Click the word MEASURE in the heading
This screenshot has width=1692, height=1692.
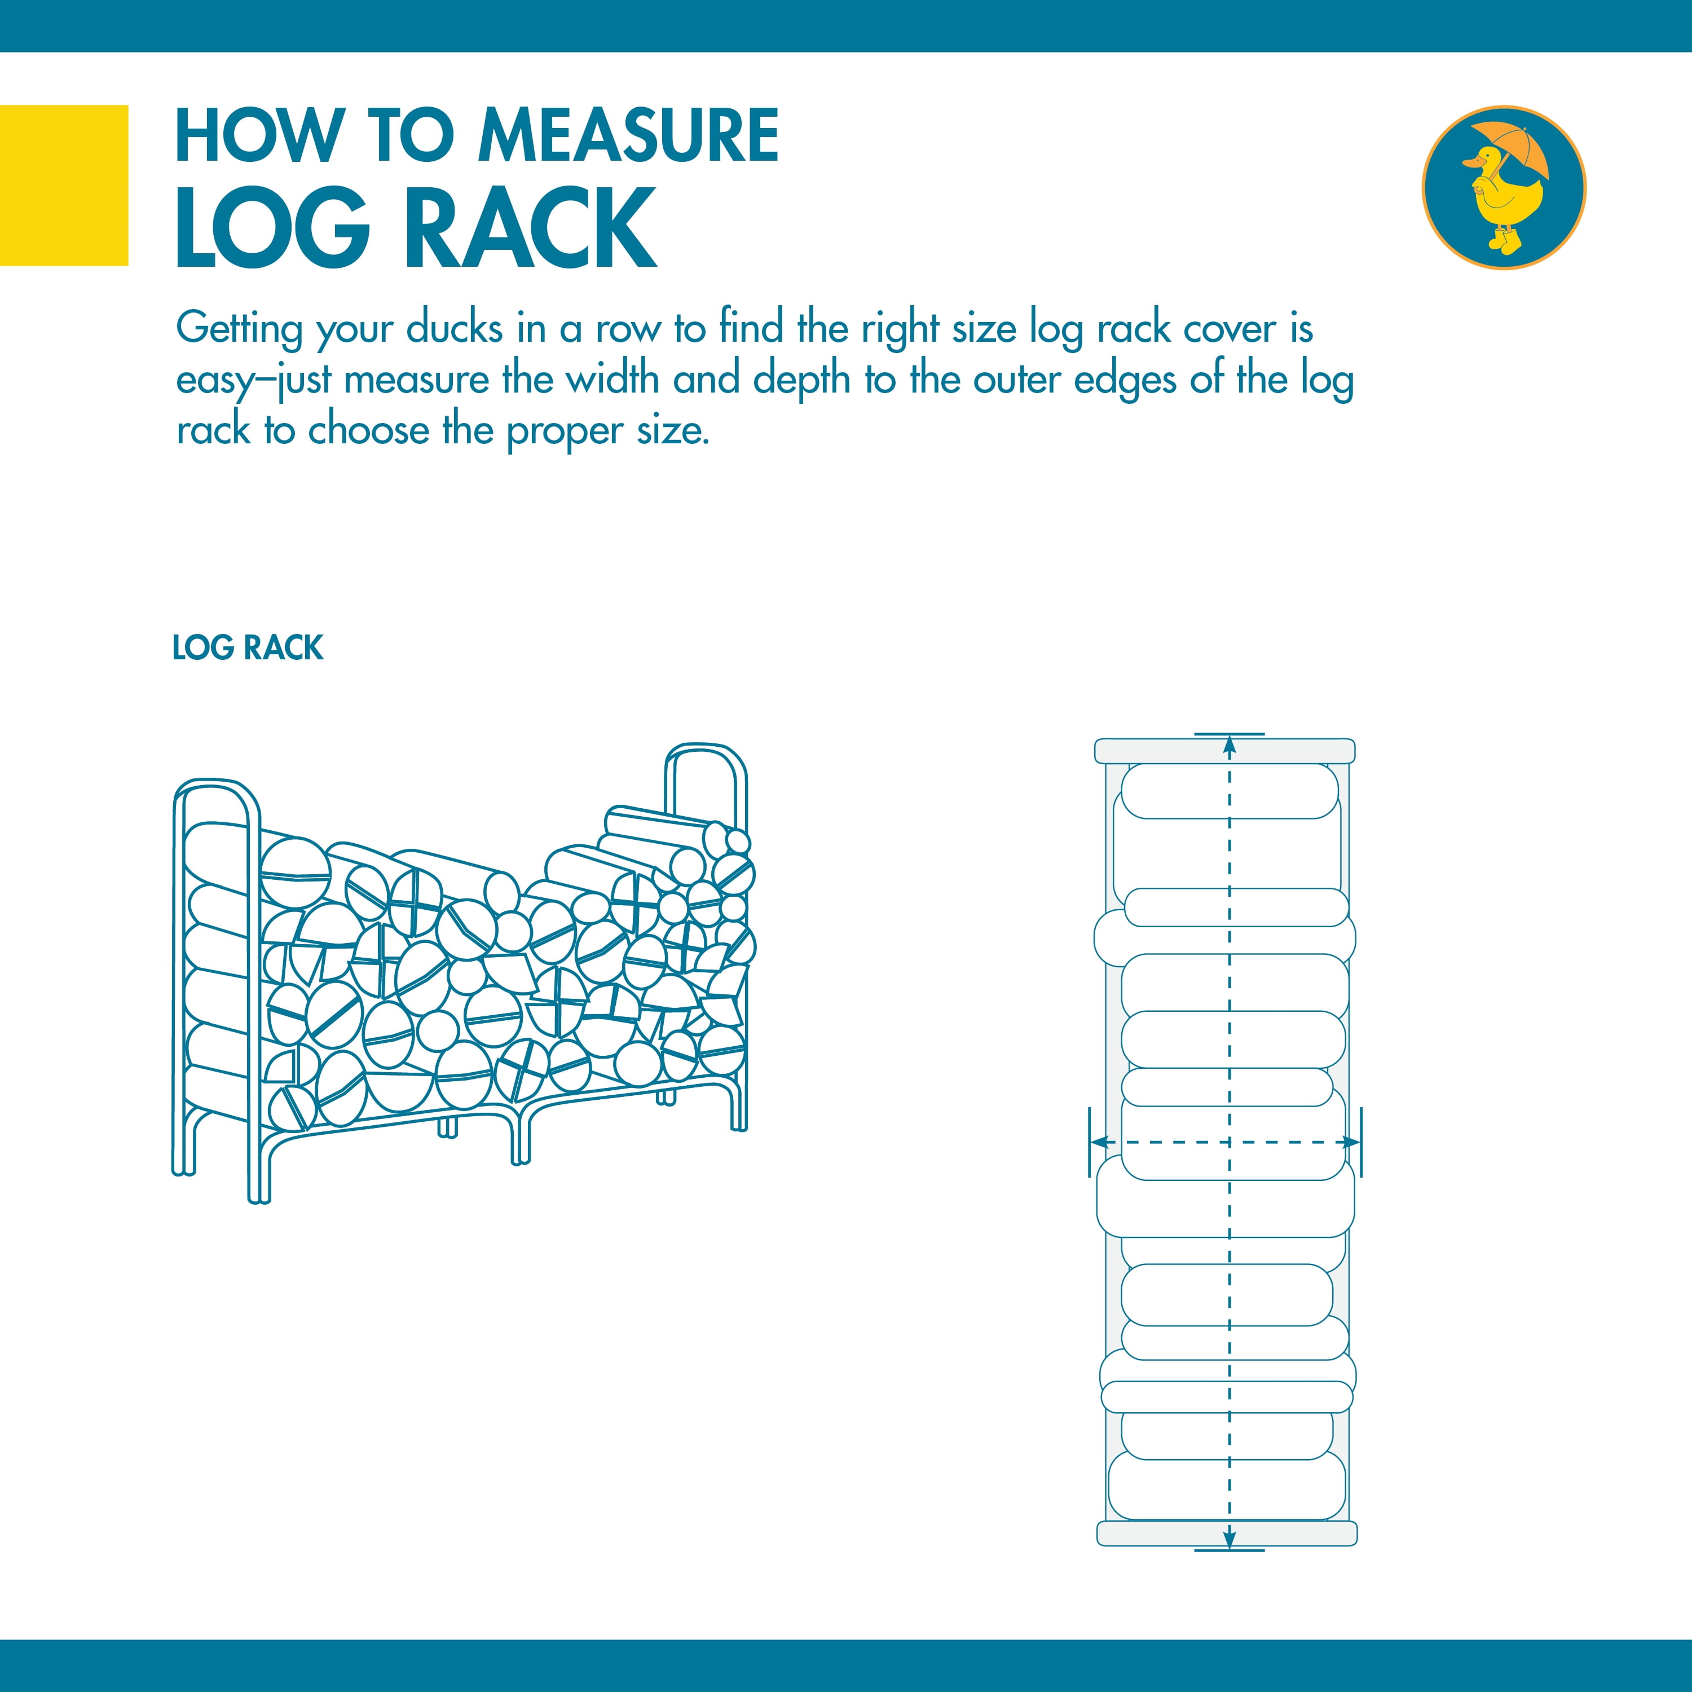coord(627,136)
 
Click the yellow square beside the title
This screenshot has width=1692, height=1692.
coord(63,185)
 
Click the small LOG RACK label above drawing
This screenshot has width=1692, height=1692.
coord(247,648)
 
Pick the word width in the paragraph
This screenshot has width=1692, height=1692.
coord(611,379)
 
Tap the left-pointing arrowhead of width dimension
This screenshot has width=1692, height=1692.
coord(1100,1142)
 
